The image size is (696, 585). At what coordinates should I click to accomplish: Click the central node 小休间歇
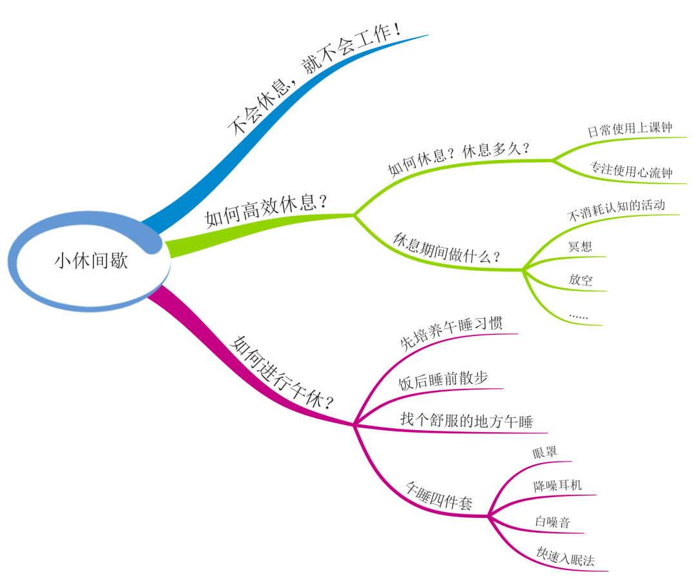pos(91,261)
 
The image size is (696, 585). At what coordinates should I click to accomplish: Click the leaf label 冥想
pos(580,246)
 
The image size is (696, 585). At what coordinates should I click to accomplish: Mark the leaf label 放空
pos(580,280)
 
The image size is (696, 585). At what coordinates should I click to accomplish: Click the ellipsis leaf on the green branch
pos(578,317)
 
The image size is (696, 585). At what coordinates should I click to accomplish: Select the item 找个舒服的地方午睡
pos(467,421)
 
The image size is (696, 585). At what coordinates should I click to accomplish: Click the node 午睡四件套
pos(438,494)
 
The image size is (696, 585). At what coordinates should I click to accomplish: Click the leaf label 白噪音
pos(552,522)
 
